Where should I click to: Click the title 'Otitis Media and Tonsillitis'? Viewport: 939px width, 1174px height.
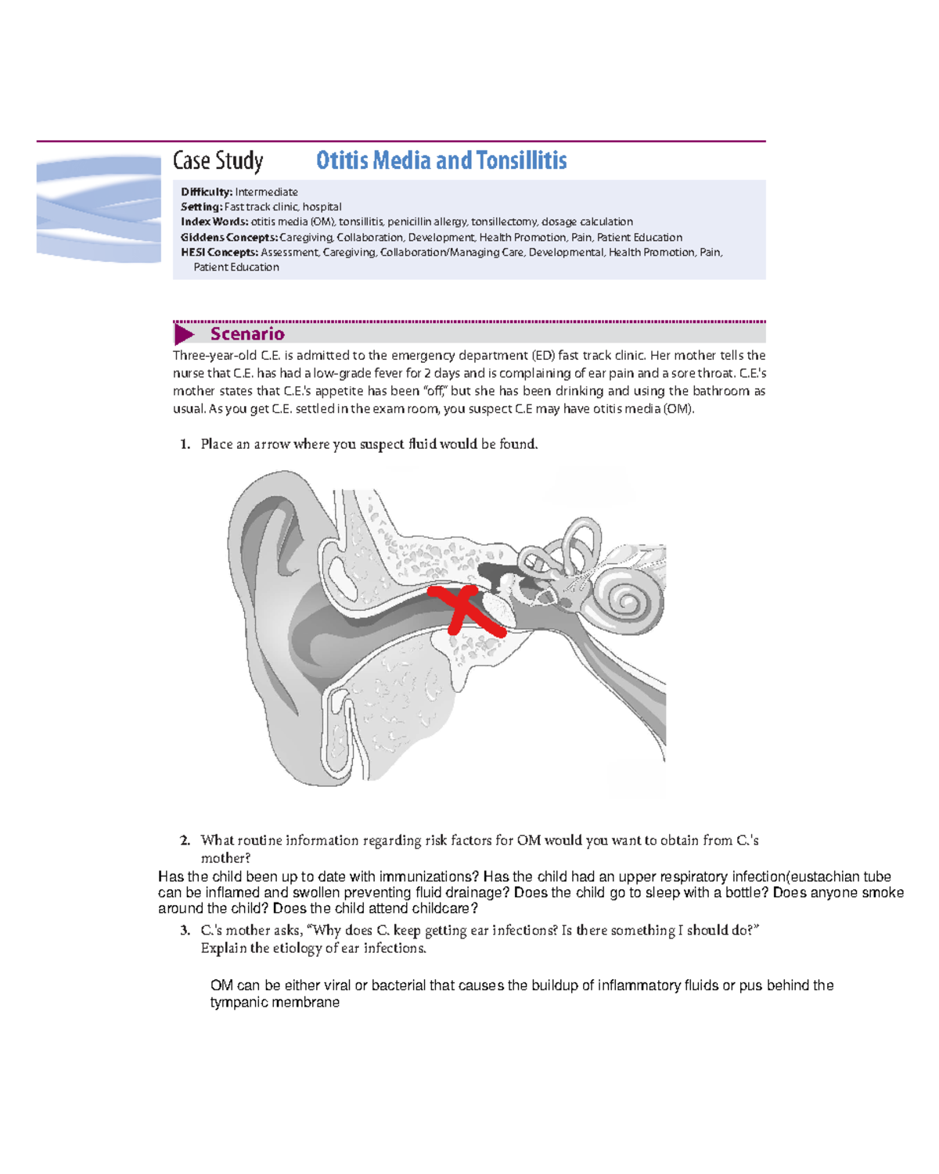(x=441, y=160)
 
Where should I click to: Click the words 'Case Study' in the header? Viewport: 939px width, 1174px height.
(x=218, y=161)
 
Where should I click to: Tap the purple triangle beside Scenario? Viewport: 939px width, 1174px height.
(x=184, y=335)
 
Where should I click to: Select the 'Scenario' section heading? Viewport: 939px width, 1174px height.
(x=247, y=334)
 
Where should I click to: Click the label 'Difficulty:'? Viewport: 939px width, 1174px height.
(x=207, y=192)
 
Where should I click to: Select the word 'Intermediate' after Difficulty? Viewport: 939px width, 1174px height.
(x=266, y=192)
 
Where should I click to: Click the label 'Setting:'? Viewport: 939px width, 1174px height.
(x=201, y=207)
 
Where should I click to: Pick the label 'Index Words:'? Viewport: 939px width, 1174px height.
(x=214, y=222)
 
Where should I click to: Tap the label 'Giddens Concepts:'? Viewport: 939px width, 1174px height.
(x=229, y=238)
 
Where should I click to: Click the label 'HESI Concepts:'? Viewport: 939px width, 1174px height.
(x=219, y=253)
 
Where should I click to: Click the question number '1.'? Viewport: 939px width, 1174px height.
(x=185, y=444)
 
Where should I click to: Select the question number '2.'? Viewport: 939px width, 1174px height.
(x=185, y=841)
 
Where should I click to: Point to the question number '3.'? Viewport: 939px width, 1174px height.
(x=185, y=931)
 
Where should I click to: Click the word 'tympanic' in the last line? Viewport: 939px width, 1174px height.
(x=236, y=1003)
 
